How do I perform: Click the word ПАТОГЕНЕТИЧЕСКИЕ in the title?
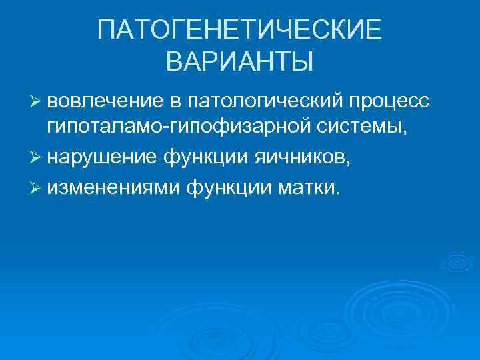[239, 29]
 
